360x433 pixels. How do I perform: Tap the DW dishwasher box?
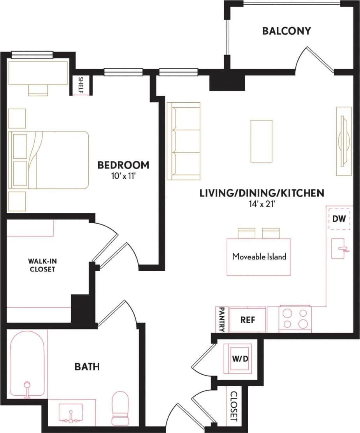tap(339, 219)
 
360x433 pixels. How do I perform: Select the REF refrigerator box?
tap(248, 320)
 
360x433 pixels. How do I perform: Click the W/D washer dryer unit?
tap(240, 358)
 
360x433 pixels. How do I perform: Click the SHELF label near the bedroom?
tap(81, 85)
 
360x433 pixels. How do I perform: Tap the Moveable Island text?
tap(259, 257)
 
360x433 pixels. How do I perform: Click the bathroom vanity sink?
tap(71, 413)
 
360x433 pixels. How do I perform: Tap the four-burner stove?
tap(295, 319)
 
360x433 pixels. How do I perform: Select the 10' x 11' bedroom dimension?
tap(123, 175)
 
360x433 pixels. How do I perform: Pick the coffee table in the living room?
tap(261, 141)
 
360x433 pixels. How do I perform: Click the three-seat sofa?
tap(183, 141)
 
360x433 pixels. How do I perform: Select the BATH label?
tap(87, 366)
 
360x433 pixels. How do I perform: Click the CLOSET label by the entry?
tap(234, 406)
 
